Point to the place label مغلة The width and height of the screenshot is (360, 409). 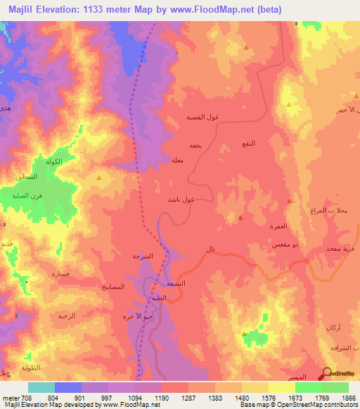point(178,160)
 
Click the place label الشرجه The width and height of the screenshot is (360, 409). point(143,257)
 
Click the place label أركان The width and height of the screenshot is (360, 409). point(335,329)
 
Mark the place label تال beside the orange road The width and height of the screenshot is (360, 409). point(211,249)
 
